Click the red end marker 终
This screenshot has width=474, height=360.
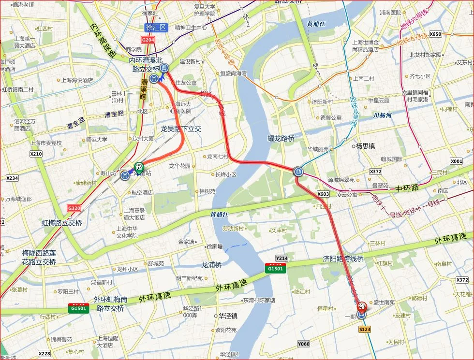click(x=361, y=306)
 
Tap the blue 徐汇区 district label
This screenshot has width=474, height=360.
click(x=156, y=28)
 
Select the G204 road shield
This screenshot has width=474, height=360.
click(x=148, y=40)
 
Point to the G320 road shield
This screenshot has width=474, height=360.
click(x=74, y=208)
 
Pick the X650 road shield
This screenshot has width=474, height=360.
click(x=435, y=34)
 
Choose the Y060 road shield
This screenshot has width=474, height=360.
click(x=303, y=344)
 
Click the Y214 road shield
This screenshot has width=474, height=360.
click(x=281, y=258)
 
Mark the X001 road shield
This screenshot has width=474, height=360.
click(x=456, y=161)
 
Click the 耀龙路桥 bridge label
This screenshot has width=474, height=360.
click(x=281, y=138)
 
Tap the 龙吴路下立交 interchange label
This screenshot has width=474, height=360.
click(x=181, y=130)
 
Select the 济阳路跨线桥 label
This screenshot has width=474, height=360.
click(x=343, y=259)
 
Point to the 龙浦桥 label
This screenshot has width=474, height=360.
click(x=211, y=264)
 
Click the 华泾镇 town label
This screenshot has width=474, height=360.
click(x=227, y=316)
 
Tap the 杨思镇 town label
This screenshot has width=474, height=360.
click(x=366, y=145)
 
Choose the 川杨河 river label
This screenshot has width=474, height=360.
click(x=382, y=115)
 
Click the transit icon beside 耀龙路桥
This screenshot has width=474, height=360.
click(x=298, y=171)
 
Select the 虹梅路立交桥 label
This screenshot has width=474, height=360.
click(x=62, y=223)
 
